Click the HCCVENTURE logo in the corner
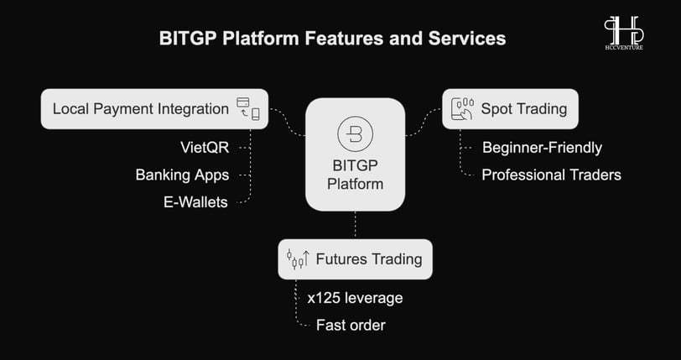624,33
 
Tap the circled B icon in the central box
355,133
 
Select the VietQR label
205,148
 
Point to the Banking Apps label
182,175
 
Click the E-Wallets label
195,201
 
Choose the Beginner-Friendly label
542,148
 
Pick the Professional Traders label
551,175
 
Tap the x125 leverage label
355,298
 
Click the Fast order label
351,325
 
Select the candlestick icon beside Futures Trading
298,258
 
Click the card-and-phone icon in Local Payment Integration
248,109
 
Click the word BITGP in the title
188,39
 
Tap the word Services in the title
467,39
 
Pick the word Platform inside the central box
355,184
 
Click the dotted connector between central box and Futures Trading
356,225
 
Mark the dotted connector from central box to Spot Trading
424,123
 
